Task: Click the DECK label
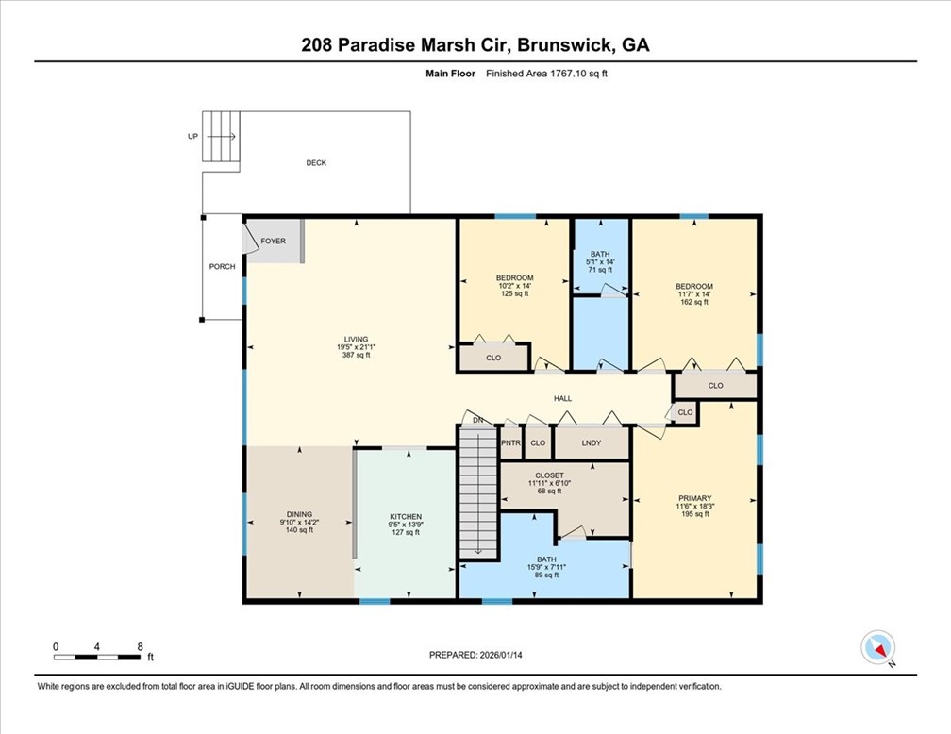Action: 316,163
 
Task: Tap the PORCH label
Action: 222,267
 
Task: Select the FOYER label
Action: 274,242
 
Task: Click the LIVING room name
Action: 356,339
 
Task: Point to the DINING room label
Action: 298,514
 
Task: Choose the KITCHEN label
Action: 406,517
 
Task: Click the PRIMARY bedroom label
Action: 694,498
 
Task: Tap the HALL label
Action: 563,398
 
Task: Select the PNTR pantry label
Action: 510,442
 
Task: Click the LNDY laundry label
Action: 592,442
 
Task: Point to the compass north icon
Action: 878,648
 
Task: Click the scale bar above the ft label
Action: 98,656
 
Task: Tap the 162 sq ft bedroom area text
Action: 693,303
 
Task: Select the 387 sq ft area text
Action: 356,356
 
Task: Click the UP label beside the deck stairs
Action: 192,137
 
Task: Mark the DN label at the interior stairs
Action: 478,420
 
